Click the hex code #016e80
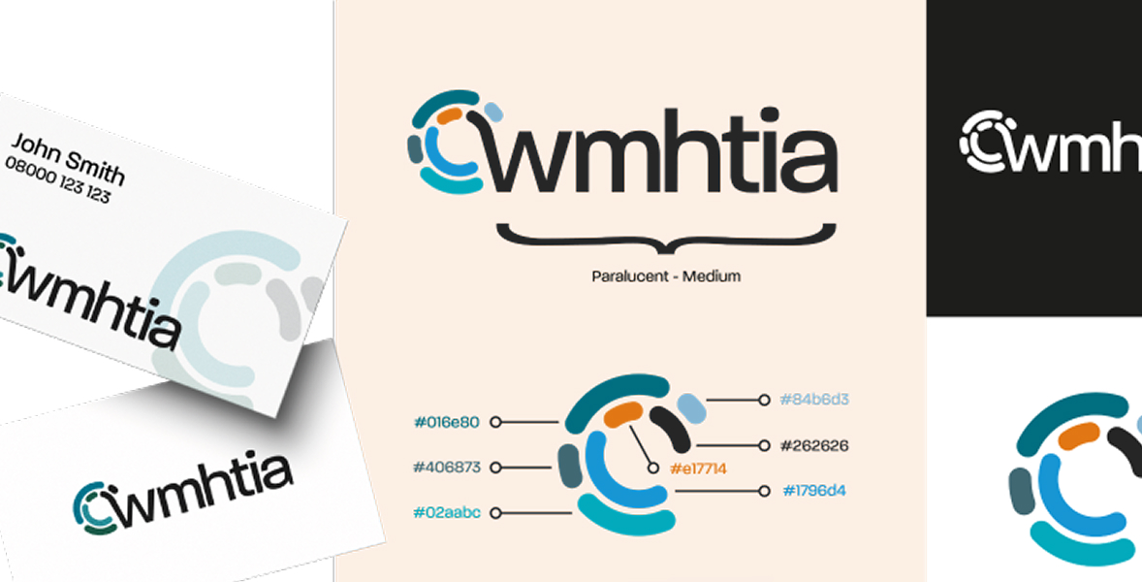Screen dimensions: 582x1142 click(446, 422)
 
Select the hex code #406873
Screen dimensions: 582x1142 click(446, 467)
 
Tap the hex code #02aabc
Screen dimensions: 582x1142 click(446, 512)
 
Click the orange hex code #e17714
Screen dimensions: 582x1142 click(698, 469)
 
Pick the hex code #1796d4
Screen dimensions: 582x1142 click(814, 491)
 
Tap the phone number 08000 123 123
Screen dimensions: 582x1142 click(57, 180)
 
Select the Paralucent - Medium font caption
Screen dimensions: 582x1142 click(666, 276)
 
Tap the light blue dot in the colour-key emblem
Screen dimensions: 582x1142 click(690, 406)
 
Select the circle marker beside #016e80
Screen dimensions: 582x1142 click(495, 422)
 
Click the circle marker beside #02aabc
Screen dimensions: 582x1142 click(495, 512)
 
